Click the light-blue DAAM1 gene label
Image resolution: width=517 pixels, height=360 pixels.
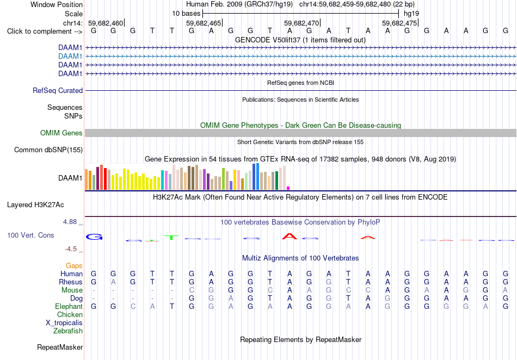70,57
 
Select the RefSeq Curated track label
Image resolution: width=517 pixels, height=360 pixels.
58,91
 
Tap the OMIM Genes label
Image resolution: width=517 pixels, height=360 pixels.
61,133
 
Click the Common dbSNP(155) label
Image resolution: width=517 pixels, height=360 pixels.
48,150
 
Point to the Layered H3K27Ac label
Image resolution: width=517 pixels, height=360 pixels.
35,205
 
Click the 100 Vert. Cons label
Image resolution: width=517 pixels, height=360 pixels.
30,235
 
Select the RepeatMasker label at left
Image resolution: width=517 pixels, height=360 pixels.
60,347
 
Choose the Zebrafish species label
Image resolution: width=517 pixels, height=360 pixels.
68,331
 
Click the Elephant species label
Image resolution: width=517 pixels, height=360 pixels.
69,306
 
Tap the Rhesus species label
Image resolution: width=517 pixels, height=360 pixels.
71,282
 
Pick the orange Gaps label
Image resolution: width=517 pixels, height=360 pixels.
74,265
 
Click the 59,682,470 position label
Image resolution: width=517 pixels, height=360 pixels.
301,23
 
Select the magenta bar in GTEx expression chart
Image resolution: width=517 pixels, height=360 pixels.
288,188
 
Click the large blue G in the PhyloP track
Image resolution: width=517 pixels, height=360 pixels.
94,237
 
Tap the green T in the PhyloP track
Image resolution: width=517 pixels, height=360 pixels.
171,238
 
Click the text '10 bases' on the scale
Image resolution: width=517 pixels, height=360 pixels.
186,14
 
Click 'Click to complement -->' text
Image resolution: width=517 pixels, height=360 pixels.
45,32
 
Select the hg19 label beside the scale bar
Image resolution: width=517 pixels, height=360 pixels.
411,14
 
